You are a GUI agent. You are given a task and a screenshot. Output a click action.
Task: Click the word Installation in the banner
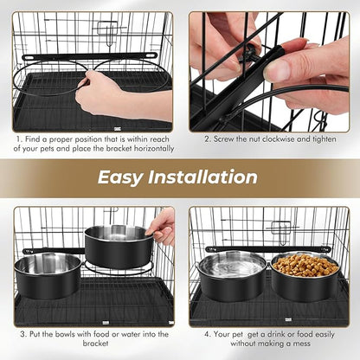(202, 177)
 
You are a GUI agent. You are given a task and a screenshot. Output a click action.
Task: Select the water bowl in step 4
(230, 275)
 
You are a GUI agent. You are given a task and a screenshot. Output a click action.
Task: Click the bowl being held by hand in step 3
(118, 246)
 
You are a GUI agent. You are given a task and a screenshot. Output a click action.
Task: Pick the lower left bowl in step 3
(48, 274)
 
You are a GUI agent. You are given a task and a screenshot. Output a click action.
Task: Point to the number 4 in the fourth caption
(207, 333)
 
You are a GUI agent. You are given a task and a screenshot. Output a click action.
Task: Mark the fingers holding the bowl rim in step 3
(161, 227)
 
